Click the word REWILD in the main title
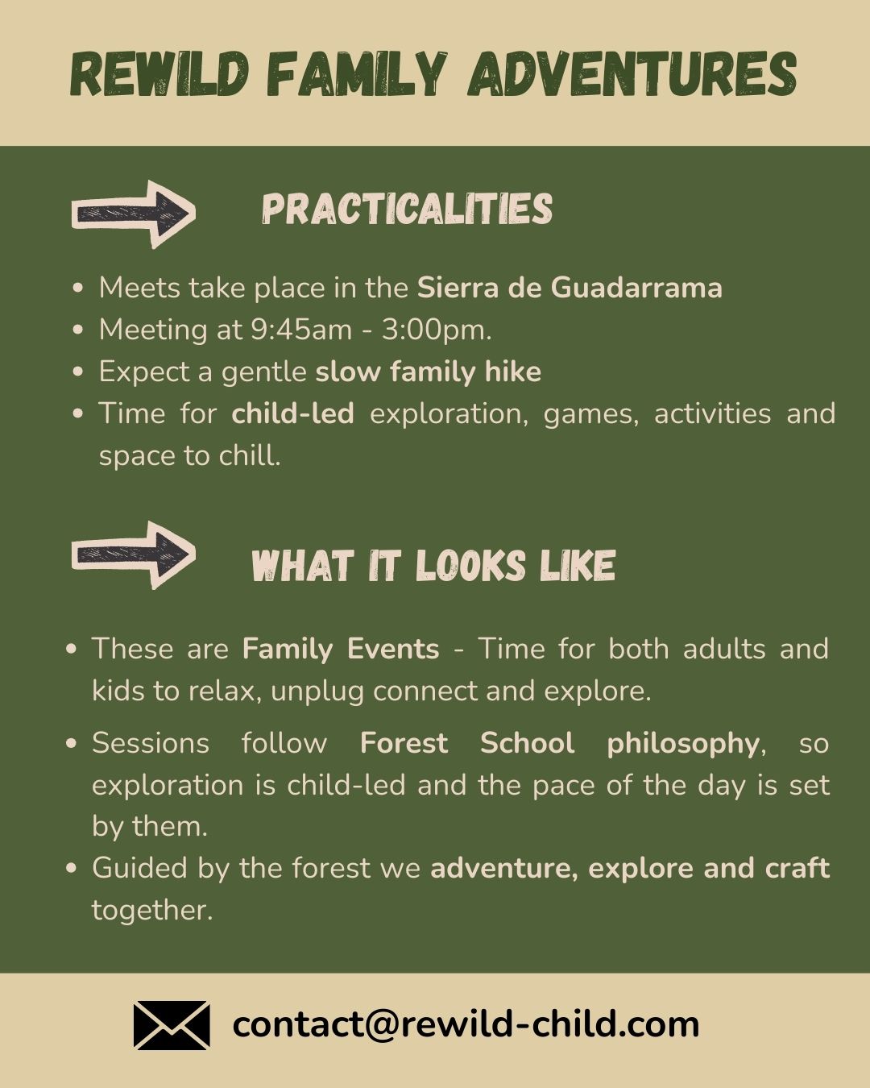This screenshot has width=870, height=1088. coord(159,74)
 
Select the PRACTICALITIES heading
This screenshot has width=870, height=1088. coord(408,208)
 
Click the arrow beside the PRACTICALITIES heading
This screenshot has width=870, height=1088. coord(134,214)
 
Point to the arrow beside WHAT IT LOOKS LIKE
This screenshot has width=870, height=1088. coord(134,554)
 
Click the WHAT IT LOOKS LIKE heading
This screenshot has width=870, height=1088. coord(433,565)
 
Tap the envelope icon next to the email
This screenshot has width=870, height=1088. coord(172,1025)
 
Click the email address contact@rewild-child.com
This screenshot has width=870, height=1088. coord(466,1024)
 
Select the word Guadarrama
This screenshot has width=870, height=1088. coord(636,289)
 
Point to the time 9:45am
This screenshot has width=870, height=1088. coord(301,330)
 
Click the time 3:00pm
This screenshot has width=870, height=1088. coord(437,330)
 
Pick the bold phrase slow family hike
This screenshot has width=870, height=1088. coord(429,372)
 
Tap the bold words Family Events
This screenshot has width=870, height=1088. coord(341,649)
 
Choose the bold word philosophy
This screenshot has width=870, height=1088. coord(683,744)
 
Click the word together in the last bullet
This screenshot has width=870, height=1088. coord(152,911)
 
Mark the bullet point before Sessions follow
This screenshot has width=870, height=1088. coord(72,744)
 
